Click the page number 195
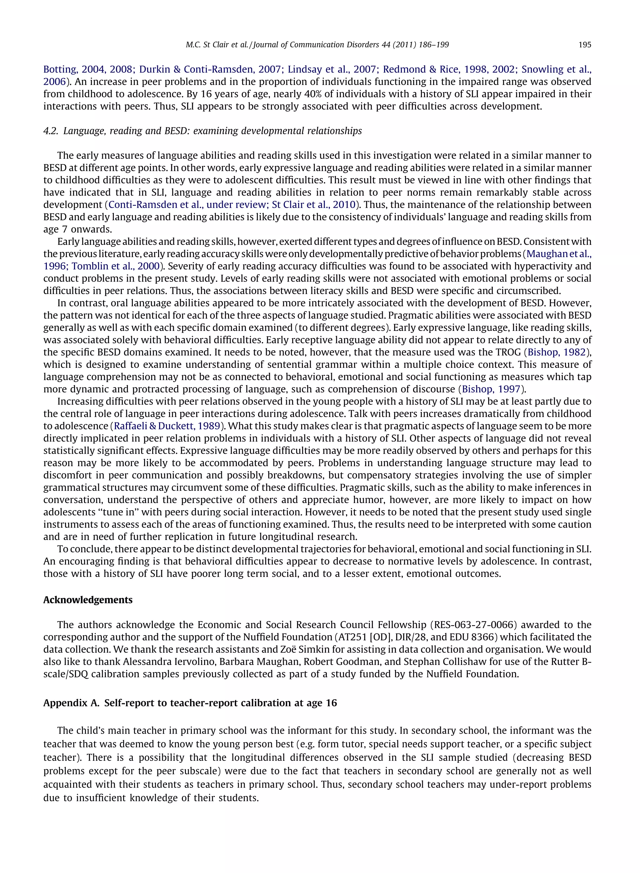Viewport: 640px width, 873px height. point(585,45)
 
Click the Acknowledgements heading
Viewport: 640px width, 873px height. point(87,600)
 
